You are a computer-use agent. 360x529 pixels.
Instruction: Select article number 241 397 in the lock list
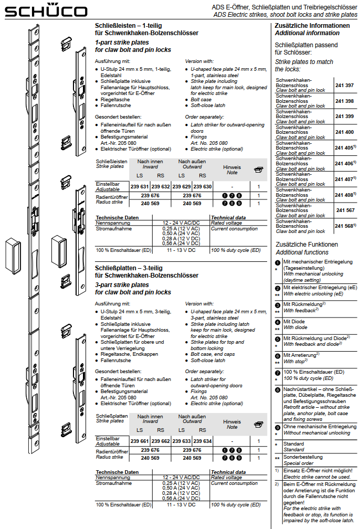point(344,85)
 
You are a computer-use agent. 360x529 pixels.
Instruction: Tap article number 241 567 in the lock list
point(345,210)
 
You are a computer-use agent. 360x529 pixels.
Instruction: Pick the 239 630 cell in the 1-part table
point(203,186)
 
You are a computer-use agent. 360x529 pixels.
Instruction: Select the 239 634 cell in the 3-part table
point(203,441)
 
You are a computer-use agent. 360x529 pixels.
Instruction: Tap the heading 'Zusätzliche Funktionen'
point(307,245)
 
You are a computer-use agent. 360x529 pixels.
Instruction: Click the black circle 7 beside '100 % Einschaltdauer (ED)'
point(278,373)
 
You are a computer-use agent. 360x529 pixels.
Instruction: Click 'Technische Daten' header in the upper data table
point(117,217)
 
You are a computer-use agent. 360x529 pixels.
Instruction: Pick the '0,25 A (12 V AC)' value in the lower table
point(182,483)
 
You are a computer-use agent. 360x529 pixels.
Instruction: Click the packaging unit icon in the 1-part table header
point(258,170)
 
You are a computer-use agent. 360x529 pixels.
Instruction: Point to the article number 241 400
point(344,132)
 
